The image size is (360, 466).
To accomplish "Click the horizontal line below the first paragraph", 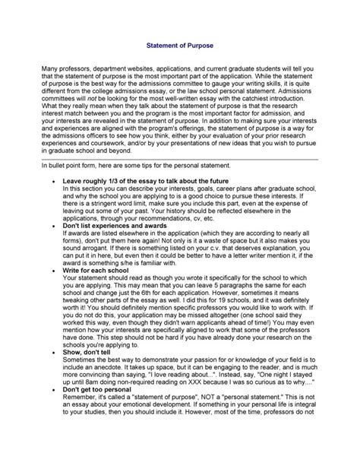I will tap(179, 179).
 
